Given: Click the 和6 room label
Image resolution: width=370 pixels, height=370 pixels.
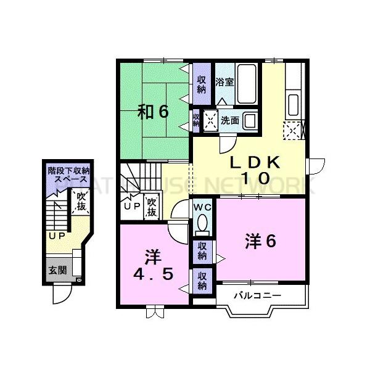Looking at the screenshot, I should pyautogui.click(x=153, y=112).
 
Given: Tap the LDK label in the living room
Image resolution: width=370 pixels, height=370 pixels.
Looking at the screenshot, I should pyautogui.click(x=255, y=163).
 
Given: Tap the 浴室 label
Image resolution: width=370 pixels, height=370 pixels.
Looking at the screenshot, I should pyautogui.click(x=224, y=81).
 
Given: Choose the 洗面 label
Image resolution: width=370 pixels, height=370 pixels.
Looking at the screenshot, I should pyautogui.click(x=229, y=120).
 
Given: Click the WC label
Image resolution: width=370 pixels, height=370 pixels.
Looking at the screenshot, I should pyautogui.click(x=203, y=208).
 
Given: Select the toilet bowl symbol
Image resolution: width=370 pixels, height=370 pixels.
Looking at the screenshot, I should pyautogui.click(x=202, y=224).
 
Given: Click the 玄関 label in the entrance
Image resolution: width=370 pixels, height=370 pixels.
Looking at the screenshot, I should pyautogui.click(x=57, y=270).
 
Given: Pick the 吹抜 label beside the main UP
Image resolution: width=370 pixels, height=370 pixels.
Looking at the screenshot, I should pyautogui.click(x=151, y=206).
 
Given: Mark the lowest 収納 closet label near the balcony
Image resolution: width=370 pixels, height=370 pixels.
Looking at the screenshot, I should pyautogui.click(x=202, y=281).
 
